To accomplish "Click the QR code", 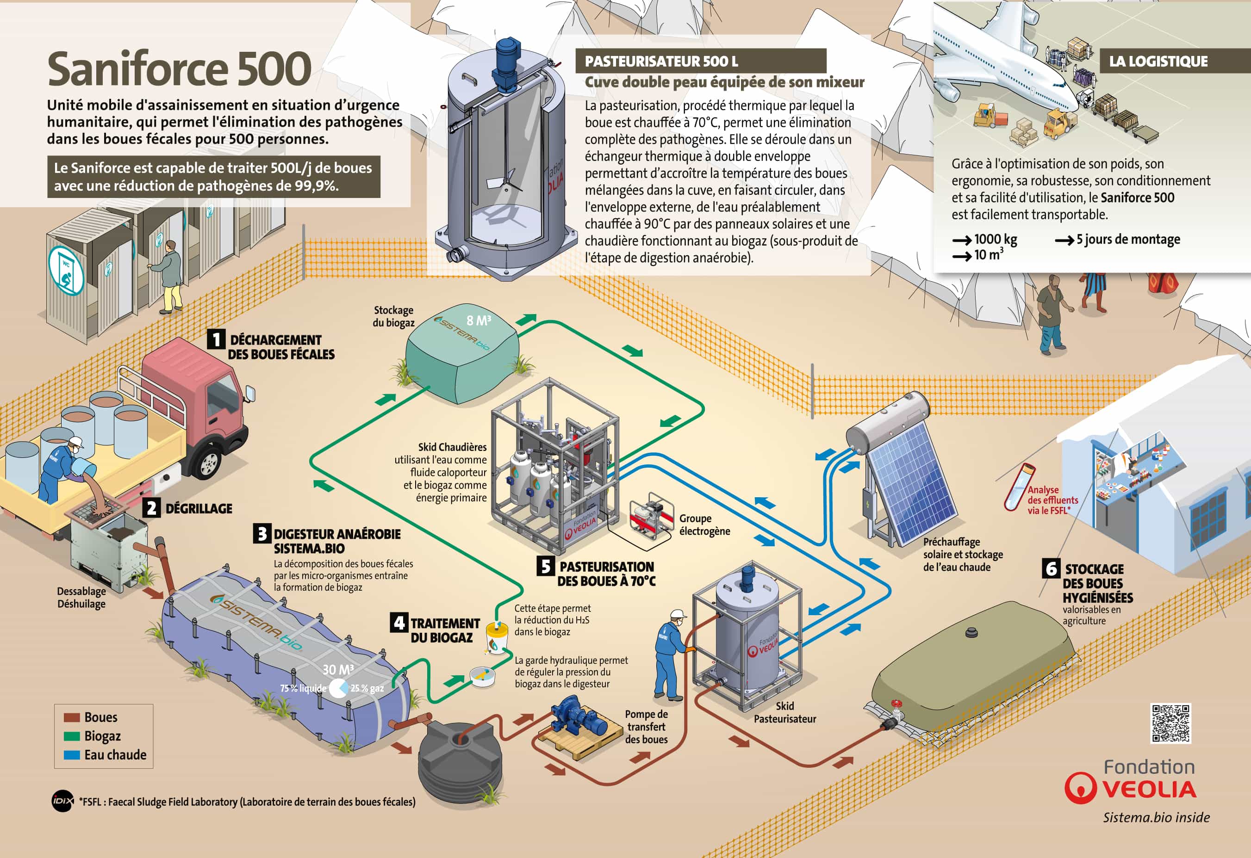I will coord(1170,723).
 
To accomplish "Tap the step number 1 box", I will coord(216,339).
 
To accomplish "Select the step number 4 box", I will coord(398,623).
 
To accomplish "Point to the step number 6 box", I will coord(1051,568).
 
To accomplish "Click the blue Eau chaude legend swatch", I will coord(72,755).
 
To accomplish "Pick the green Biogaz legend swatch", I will coord(72,736).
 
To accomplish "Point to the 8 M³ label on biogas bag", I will coord(478,321).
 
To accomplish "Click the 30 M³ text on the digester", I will coord(337,669).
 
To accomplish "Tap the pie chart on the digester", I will coord(338,687).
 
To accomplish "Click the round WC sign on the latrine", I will coord(66,271).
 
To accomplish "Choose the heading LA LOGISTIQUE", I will coord(1158,62).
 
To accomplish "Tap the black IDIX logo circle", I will coord(62,802).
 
